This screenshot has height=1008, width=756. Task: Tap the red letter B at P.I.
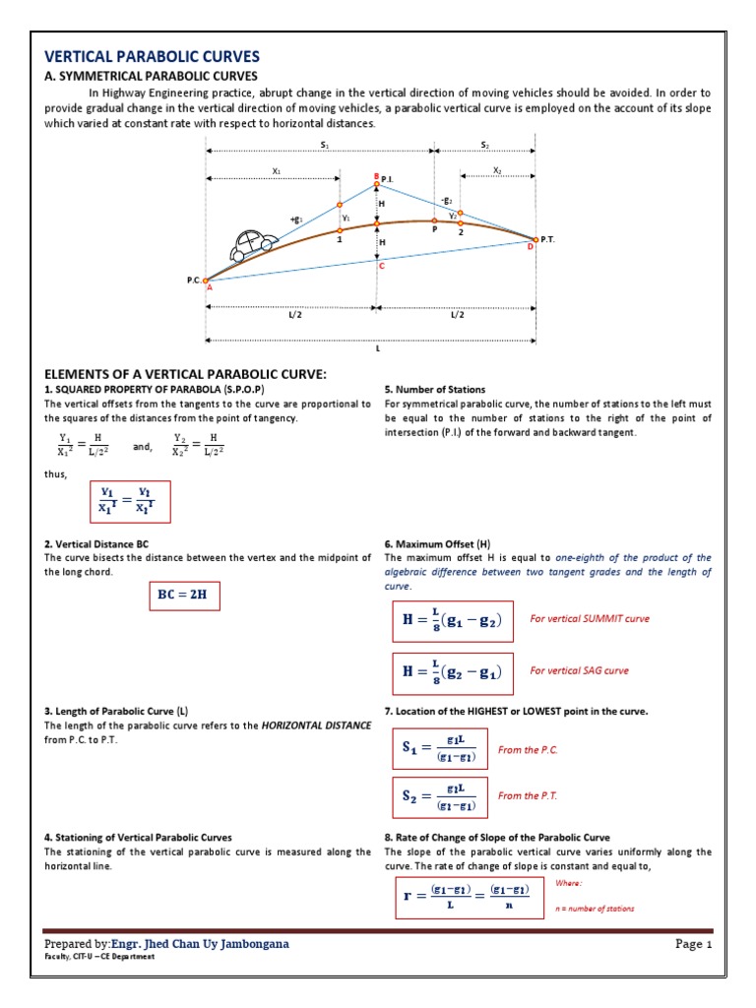click(375, 176)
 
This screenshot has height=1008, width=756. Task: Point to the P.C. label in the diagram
click(193, 281)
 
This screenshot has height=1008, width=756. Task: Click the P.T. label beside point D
click(549, 239)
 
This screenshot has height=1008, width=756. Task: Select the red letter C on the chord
click(381, 267)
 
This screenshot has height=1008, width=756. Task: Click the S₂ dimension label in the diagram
click(484, 145)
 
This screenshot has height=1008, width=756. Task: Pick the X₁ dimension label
click(276, 171)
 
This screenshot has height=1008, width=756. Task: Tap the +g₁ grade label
click(295, 220)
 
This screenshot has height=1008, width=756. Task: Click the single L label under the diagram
click(376, 348)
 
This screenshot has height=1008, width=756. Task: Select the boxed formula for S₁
click(439, 750)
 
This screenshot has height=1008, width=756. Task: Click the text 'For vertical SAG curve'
click(579, 670)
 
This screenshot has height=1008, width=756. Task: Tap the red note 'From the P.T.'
click(528, 795)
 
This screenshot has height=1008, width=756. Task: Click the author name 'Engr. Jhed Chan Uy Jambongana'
click(201, 944)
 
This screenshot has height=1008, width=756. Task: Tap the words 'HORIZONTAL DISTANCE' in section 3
click(316, 724)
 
